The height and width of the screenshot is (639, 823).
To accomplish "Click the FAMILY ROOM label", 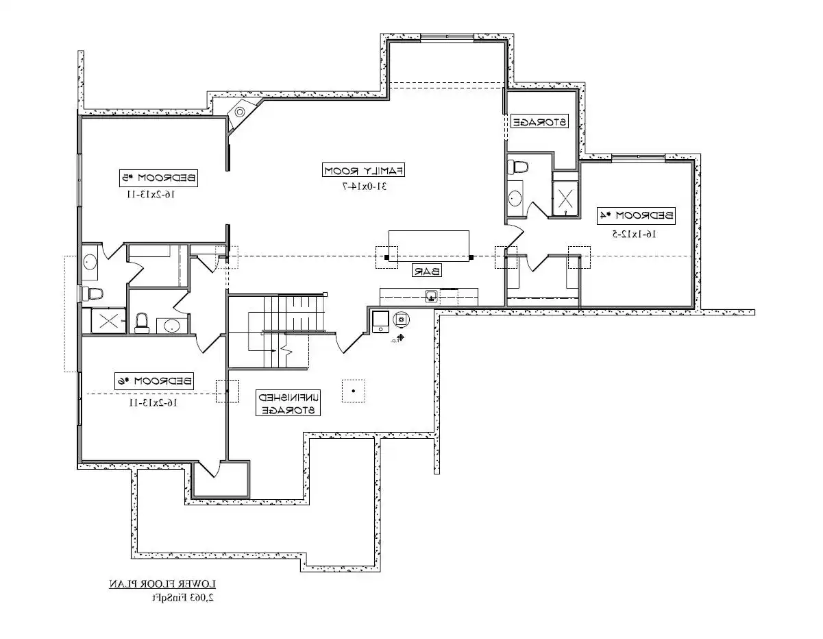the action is click(363, 170).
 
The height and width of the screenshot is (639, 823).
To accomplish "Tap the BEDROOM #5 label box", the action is click(158, 178).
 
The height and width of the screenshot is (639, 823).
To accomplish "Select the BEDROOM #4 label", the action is click(636, 215).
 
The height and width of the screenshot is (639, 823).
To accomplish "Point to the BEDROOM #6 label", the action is click(153, 381).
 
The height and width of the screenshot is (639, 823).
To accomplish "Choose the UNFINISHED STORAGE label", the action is click(288, 403).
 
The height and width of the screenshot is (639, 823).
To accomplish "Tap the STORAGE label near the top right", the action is click(539, 121).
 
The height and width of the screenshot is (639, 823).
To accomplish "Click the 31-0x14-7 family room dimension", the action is click(365, 186).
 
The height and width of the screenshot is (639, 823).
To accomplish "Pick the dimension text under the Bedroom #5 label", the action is click(151, 195).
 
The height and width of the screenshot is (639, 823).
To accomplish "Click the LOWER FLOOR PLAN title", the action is click(163, 584).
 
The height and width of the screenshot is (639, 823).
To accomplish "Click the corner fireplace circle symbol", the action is click(239, 112).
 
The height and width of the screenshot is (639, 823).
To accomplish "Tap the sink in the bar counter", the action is click(432, 296).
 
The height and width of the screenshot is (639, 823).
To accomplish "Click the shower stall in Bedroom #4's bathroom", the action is click(565, 198).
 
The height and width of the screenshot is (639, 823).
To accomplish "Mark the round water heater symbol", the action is click(401, 319).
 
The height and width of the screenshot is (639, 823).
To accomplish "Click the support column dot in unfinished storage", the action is click(354, 391).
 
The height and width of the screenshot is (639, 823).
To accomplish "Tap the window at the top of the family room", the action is click(447, 37).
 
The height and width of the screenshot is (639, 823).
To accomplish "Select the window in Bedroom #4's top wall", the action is click(639, 157).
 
